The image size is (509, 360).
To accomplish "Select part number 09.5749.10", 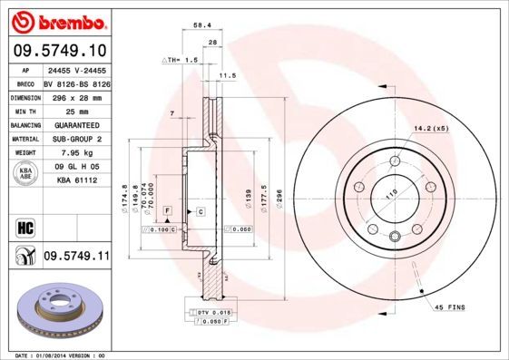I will [58, 53].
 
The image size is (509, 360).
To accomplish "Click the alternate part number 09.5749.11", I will [76, 257].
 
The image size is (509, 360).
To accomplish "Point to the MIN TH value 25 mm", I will [64, 110].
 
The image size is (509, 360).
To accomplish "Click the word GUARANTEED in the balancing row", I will [71, 124].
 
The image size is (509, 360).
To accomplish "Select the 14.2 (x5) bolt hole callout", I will [431, 128].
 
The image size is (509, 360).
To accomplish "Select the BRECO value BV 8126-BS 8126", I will [76, 82].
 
